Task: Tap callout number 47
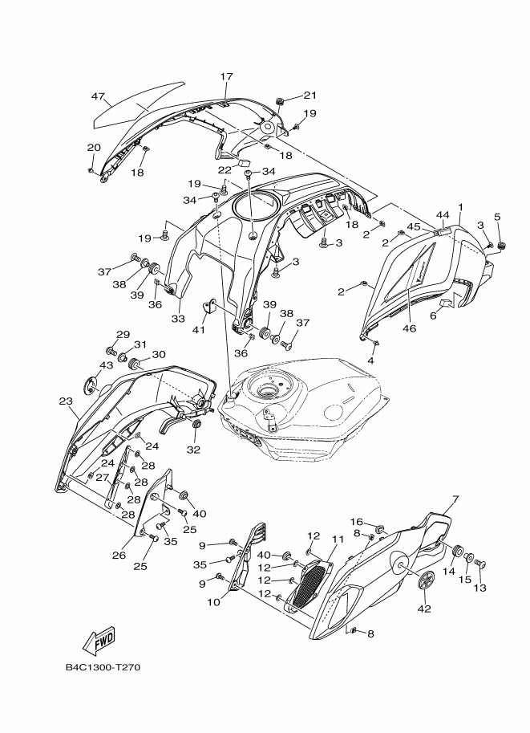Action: pyautogui.click(x=98, y=96)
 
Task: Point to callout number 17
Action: pyautogui.click(x=226, y=76)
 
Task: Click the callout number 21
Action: pyautogui.click(x=310, y=94)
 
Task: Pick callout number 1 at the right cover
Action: pyautogui.click(x=460, y=207)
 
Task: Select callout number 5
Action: pyautogui.click(x=497, y=217)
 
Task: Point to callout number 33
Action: pyautogui.click(x=178, y=319)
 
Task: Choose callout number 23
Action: pyautogui.click(x=65, y=400)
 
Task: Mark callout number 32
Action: pyautogui.click(x=192, y=450)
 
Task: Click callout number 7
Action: pyautogui.click(x=455, y=499)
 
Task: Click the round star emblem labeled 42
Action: pyautogui.click(x=426, y=580)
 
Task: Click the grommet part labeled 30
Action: pyautogui.click(x=136, y=365)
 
